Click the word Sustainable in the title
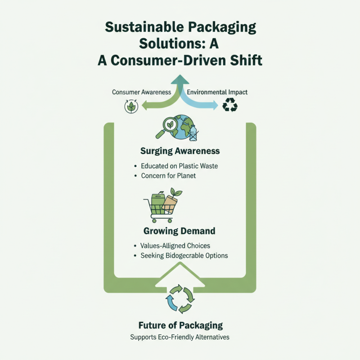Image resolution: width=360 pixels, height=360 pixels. coord(144,27)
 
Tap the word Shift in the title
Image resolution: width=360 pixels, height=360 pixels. coord(246,60)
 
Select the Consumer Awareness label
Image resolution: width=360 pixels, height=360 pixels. coord(141,92)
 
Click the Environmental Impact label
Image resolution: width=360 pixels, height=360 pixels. coord(217,92)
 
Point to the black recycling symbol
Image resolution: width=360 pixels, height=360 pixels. coord(230,105)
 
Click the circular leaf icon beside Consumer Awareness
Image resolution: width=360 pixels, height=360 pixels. coord(131,106)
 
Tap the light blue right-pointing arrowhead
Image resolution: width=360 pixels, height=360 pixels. coord(215,105)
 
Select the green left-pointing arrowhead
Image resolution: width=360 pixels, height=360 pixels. coord(144,106)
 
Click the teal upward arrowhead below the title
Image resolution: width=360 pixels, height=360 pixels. coord(180,79)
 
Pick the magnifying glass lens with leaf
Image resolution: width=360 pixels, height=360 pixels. coord(170,125)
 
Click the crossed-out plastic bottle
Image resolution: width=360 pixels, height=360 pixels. coord(193,133)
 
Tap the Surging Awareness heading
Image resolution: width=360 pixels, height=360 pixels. coord(180,151)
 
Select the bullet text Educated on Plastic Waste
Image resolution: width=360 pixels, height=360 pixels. coord(179,166)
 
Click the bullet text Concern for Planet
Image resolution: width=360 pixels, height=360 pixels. coord(168,175)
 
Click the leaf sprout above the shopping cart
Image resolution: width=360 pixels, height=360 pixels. coord(175,192)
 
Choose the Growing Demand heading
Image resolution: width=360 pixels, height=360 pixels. coord(179,231)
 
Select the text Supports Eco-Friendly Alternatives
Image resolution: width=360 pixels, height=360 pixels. coord(180,337)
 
